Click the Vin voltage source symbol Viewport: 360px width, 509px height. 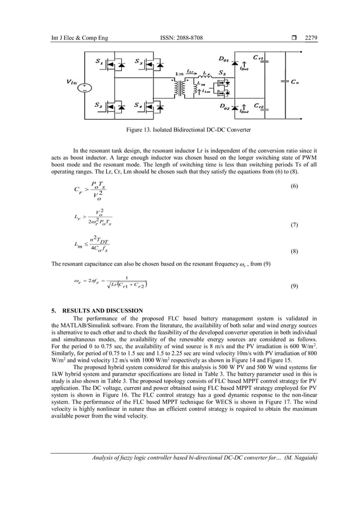click(84, 88)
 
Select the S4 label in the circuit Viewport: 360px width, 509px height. click(138, 106)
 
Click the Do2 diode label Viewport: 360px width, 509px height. click(224, 106)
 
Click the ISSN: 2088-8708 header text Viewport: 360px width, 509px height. click(182, 38)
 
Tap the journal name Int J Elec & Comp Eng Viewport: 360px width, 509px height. click(72, 38)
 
